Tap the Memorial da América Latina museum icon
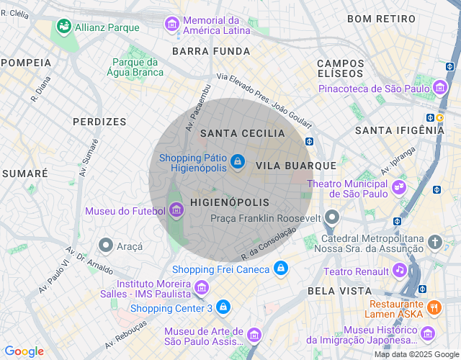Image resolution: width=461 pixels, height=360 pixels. pos(172,24)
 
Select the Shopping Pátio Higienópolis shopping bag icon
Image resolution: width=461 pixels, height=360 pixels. pos(237,162)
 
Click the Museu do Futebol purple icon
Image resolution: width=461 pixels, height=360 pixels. pos(176,210)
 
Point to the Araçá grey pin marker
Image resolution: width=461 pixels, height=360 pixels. pos(106,246)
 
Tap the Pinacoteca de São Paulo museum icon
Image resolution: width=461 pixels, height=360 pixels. pos(440,89)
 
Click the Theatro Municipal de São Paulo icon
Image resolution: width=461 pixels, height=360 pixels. pos(398,188)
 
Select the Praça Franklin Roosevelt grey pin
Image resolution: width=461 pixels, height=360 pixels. pos(331,217)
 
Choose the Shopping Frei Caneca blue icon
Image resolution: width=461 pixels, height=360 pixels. pos(281,269)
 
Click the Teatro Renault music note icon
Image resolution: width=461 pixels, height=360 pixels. pos(399,270)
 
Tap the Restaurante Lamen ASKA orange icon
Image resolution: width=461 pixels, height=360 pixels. pos(434,307)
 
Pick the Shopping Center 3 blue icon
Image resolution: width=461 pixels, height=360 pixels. pos(223,307)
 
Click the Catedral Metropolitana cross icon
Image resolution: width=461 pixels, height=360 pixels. pos(434,242)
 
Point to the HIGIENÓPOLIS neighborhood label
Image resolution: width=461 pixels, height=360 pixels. pos(230,203)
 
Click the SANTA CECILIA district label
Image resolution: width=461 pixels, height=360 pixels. pos(243,133)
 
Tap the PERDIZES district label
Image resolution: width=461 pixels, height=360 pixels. pos(99,122)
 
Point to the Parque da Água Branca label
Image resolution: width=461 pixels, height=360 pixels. pos(138,67)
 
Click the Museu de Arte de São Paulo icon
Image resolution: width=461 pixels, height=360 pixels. pos(254,335)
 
